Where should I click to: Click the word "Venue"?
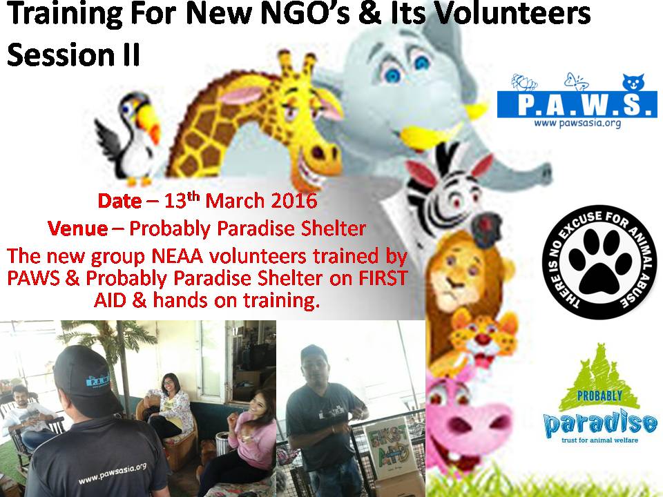click(77, 227)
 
